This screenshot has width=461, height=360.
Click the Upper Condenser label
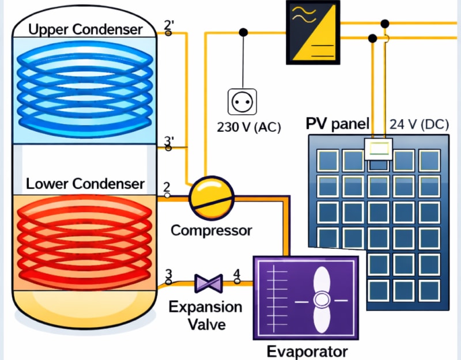(85, 29)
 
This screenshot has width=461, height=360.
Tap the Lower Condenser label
(85, 184)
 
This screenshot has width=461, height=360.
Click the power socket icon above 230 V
(242, 102)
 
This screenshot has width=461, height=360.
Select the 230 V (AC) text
(248, 127)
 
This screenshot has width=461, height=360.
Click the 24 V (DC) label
(418, 123)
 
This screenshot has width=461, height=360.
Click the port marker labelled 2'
(169, 25)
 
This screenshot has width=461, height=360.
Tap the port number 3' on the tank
(169, 141)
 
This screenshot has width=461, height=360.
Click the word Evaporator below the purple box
(307, 351)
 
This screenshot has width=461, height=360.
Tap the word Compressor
(211, 230)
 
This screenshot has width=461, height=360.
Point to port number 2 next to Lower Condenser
(167, 187)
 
